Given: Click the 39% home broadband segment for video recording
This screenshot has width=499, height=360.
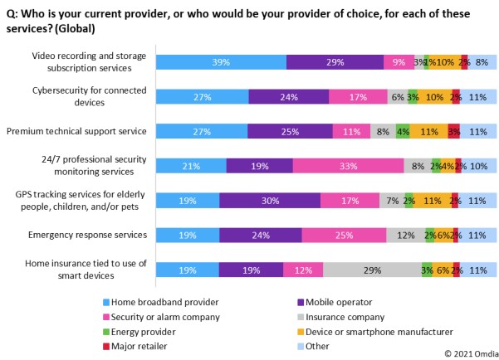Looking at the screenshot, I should (221, 62).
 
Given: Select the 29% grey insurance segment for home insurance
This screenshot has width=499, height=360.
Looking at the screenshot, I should (372, 270).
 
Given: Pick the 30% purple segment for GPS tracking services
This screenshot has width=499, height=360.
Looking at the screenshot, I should (270, 200).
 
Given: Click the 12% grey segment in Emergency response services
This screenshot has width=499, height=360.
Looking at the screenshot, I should (406, 235).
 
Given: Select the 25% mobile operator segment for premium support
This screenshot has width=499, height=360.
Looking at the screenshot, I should (290, 131).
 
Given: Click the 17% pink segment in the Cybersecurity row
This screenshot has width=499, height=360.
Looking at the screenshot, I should (358, 96).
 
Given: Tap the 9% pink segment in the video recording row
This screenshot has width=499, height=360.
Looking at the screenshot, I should (399, 62).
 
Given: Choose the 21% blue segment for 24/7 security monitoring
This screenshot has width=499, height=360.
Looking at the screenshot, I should (191, 166).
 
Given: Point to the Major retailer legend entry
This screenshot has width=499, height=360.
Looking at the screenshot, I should (135, 346).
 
